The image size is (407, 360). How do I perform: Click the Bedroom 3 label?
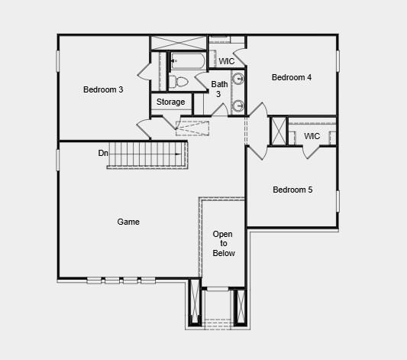point(103,89)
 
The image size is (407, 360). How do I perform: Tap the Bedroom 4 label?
point(292,77)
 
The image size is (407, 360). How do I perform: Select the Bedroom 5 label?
point(292,190)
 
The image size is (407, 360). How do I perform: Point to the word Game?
point(128,222)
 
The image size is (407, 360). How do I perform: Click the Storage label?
point(171,102)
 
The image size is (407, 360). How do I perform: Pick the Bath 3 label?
point(219,89)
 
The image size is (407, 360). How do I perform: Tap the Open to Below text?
point(224,243)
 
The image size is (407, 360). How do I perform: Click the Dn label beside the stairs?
point(103,154)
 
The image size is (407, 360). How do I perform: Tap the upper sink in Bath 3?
point(238,77)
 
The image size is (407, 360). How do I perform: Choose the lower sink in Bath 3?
point(238,105)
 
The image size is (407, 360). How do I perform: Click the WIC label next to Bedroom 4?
point(227,61)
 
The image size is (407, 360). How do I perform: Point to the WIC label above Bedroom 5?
point(312,136)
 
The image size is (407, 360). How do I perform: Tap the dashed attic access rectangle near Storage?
point(192,127)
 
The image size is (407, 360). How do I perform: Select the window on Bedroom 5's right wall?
point(337,200)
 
